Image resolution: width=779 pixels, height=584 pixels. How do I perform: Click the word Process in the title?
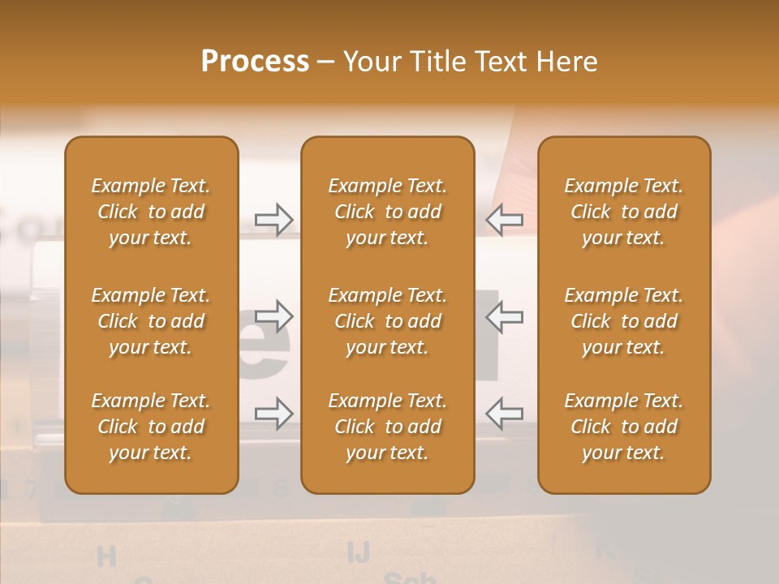pos(255,62)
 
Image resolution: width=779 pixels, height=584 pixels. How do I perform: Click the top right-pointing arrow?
pos(273,219)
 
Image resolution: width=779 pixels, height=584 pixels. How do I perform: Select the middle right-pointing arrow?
pos(273,316)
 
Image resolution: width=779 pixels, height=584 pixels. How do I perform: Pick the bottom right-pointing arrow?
pos(273,413)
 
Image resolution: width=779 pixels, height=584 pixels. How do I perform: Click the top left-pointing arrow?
pos(505,219)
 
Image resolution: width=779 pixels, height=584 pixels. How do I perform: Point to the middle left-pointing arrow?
pos(505,316)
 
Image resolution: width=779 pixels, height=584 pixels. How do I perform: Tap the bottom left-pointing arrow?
pos(505,413)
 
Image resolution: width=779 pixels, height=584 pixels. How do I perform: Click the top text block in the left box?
pos(151,212)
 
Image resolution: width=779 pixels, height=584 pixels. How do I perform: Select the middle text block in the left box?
pos(151,321)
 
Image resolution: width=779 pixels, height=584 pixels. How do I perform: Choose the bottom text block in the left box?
pos(151,427)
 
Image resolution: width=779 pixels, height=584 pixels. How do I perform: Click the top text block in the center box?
pos(387,212)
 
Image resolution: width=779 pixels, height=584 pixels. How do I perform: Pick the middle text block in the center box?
pos(387,321)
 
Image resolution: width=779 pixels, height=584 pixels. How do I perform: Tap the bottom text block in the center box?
pos(387,427)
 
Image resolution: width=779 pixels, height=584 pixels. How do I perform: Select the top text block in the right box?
pos(623,212)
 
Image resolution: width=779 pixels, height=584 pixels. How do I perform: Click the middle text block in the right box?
pos(623,321)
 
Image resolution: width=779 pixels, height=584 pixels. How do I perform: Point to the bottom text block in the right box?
pos(623,427)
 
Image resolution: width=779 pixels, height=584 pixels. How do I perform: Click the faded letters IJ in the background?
pos(358,552)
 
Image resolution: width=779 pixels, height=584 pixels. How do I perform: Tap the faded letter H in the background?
pos(106,556)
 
